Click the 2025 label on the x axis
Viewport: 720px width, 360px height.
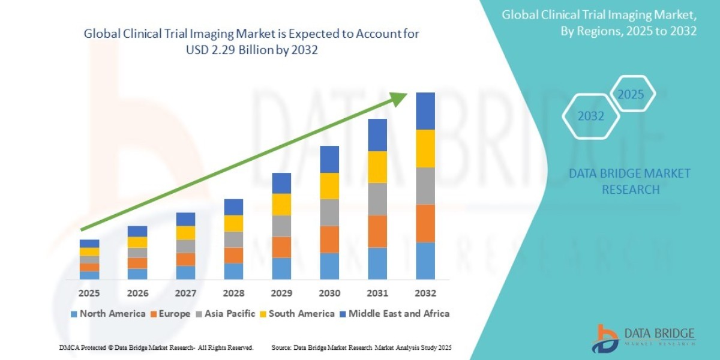pyautogui.click(x=89, y=293)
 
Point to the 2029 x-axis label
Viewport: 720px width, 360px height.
pyautogui.click(x=281, y=293)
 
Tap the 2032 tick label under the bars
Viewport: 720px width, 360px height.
pyautogui.click(x=425, y=293)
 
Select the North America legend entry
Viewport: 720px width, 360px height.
pyautogui.click(x=107, y=313)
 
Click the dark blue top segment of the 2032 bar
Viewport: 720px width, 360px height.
pyautogui.click(x=425, y=111)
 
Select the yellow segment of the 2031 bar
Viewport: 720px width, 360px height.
pyautogui.click(x=377, y=167)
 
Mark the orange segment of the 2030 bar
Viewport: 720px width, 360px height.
pyautogui.click(x=329, y=239)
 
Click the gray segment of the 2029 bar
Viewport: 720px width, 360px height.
pyautogui.click(x=281, y=226)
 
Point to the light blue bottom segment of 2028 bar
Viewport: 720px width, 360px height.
pyautogui.click(x=233, y=271)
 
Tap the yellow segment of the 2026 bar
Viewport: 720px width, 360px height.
pyautogui.click(x=137, y=242)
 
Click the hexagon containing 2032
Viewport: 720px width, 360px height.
pyautogui.click(x=591, y=116)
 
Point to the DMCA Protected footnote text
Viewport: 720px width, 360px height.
pyautogui.click(x=156, y=348)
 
